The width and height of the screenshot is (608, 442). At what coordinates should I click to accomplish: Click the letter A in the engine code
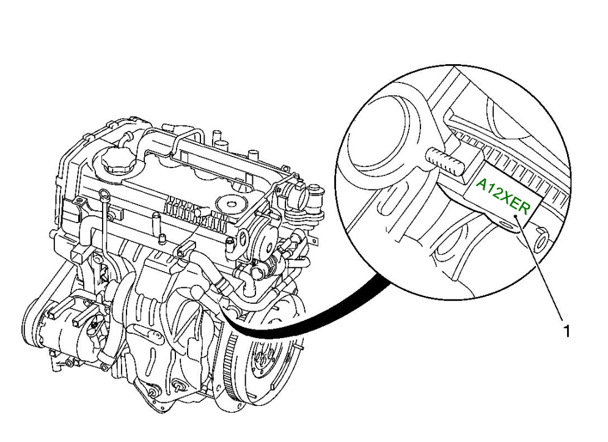[482, 183]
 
